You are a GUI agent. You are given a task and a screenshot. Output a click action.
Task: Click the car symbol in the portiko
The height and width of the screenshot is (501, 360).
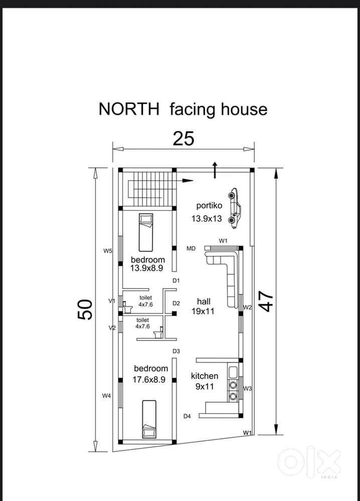tap(234, 208)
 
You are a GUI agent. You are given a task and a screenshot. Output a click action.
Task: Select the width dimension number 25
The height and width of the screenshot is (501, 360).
tap(184, 139)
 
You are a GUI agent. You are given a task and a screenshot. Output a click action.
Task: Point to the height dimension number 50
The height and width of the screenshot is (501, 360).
tap(85, 309)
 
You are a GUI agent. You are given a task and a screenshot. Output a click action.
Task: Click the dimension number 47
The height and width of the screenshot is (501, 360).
tap(266, 301)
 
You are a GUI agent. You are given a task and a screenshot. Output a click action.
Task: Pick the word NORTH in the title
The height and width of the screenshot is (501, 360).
tap(129, 109)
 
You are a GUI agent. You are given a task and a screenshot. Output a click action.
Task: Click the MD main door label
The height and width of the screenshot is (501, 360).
tap(191, 248)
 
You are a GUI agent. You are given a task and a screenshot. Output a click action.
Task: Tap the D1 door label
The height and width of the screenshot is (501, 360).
tap(176, 280)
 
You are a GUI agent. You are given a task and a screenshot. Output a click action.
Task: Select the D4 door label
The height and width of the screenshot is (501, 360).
tap(187, 416)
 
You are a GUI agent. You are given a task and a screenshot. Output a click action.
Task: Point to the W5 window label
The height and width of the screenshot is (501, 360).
tap(108, 251)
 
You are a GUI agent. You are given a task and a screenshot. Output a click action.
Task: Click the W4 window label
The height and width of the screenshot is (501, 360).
tap(106, 396)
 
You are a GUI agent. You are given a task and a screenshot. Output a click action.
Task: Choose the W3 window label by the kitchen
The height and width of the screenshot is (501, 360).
tap(248, 389)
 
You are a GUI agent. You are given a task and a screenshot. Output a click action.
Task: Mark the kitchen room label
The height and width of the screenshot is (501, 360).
tap(205, 376)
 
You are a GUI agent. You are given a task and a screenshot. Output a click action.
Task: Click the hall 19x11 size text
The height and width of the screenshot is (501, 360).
tap(203, 311)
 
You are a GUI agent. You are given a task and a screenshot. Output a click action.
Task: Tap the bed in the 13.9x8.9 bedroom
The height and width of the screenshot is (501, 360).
tap(146, 232)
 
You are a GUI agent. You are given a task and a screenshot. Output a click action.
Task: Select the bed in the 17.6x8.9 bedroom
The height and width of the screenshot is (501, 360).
tap(149, 419)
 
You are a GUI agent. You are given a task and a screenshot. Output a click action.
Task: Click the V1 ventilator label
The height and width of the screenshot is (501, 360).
tap(112, 301)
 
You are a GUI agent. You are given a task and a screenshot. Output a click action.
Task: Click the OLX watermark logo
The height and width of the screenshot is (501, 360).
tap(309, 462)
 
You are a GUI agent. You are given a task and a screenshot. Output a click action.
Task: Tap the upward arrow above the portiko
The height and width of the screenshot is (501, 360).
tap(215, 170)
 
